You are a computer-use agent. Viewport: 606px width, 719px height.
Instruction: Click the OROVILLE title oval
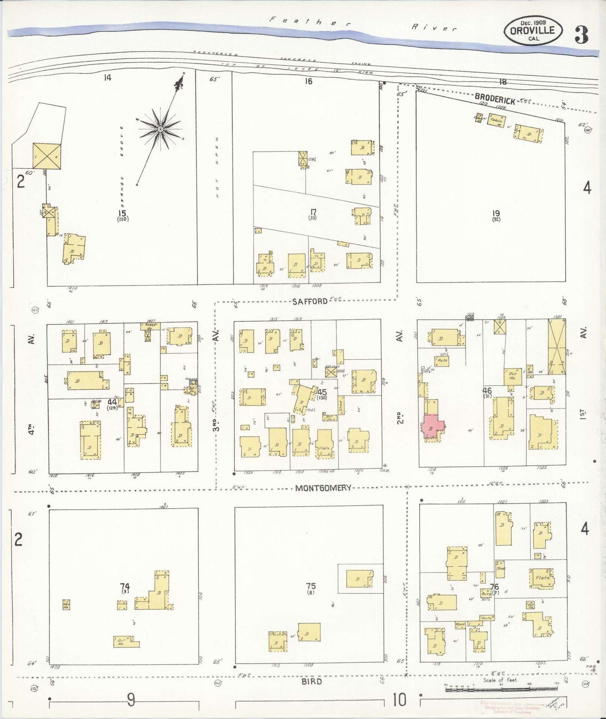click(533, 31)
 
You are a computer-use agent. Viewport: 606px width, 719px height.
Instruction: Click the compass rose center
click(160, 129)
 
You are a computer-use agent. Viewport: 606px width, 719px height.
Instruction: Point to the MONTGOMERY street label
click(323, 487)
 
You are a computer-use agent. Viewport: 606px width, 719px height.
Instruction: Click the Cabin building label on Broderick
click(496, 120)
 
